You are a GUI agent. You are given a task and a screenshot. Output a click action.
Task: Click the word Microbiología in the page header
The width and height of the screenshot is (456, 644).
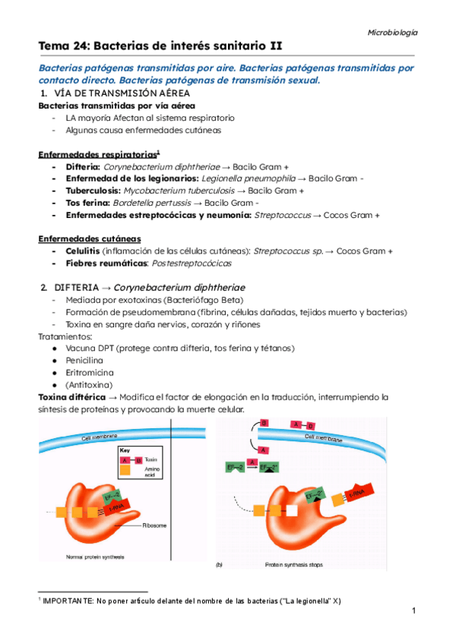[392, 33]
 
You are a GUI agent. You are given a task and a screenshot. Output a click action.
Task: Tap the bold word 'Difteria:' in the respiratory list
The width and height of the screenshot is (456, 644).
[83, 166]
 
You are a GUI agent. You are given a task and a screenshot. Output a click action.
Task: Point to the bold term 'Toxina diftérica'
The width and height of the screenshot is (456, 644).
[72, 397]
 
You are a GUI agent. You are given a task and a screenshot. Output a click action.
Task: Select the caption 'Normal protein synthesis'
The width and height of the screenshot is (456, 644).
[84, 558]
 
